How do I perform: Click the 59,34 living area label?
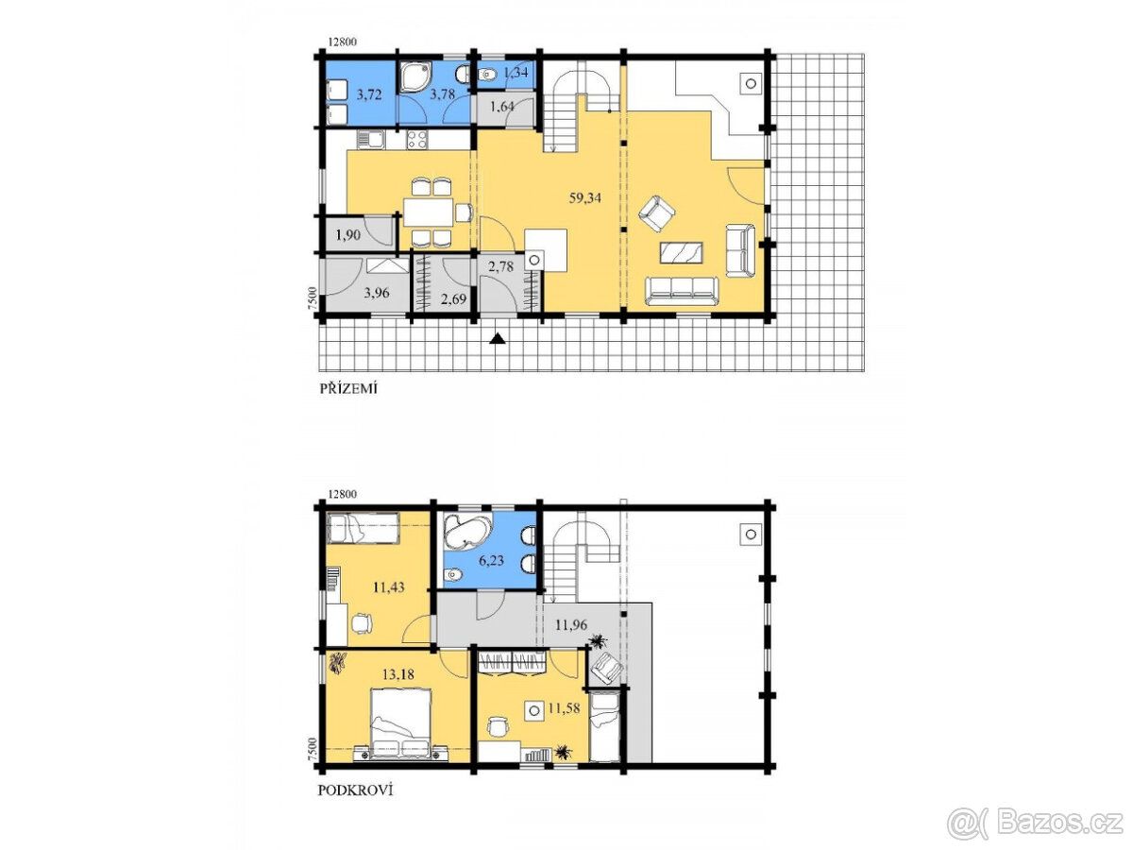pos(584,197)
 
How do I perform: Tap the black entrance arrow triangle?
pos(497,338)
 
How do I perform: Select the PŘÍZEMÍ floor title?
pos(347,388)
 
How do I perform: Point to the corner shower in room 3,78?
pos(414,78)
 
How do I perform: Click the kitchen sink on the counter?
pos(370,140)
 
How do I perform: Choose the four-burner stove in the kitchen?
pos(416,140)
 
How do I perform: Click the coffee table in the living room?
pos(681,253)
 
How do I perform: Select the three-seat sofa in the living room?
pos(682,291)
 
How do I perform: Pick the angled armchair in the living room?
pos(656,212)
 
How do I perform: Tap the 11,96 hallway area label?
pos(571,625)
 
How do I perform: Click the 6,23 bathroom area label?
pos(490,560)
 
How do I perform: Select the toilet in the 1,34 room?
pos(487,76)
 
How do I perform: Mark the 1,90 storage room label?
pos(347,235)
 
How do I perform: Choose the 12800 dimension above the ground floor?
pos(342,42)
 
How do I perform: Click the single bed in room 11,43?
pos(364,528)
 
